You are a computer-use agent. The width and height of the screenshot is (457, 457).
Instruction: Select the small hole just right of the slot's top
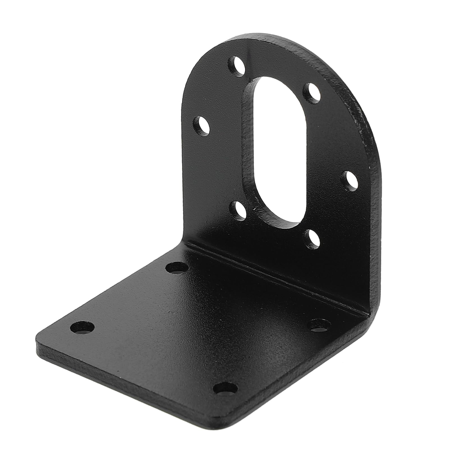click(311, 91)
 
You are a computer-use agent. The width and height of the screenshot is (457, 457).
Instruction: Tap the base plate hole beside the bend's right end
click(319, 325)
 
